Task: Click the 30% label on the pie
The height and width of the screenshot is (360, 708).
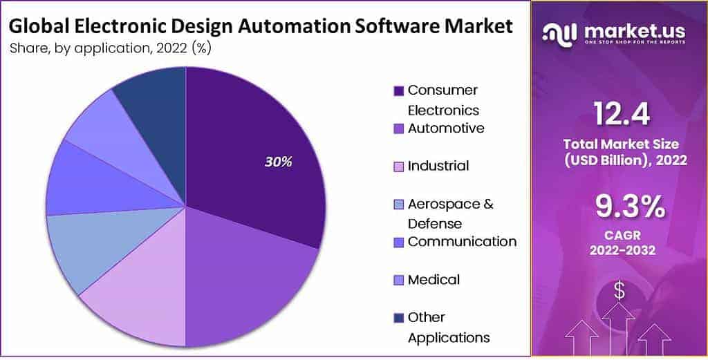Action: (x=279, y=162)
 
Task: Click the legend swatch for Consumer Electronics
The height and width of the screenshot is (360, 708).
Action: (x=399, y=91)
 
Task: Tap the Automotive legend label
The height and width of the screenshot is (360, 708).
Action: (x=446, y=129)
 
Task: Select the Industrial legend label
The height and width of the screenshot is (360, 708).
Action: (x=438, y=166)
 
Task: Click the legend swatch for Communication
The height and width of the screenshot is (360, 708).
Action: (x=399, y=243)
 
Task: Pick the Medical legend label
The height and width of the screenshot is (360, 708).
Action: (x=434, y=280)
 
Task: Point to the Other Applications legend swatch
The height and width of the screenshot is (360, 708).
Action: (x=399, y=318)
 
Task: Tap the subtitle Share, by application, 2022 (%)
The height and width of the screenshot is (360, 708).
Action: (x=110, y=48)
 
